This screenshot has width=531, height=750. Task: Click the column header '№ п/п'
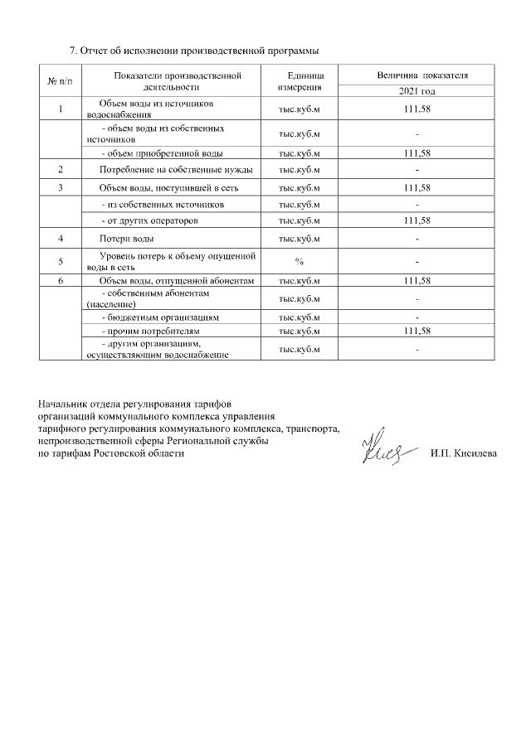[61, 81]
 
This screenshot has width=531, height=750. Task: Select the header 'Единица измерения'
[299, 81]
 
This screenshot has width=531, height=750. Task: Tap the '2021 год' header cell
[417, 91]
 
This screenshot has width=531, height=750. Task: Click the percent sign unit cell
[299, 263]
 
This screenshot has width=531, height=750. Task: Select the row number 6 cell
[61, 282]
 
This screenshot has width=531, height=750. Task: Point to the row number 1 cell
[61, 109]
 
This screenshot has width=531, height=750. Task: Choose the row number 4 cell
[61, 239]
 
